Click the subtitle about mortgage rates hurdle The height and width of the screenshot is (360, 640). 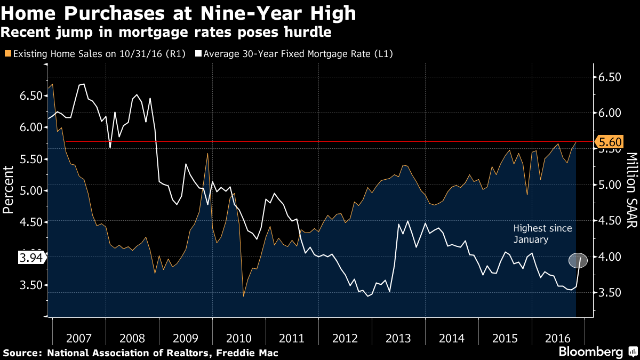click(x=166, y=32)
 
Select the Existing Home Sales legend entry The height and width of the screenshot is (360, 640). click(x=94, y=54)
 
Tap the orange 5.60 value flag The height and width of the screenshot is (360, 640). click(x=609, y=142)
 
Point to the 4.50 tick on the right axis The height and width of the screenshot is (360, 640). click(x=610, y=221)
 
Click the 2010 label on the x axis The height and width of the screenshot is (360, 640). click(x=238, y=338)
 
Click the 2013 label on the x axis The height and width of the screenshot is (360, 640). click(x=398, y=338)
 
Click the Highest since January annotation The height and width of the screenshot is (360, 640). click(x=542, y=234)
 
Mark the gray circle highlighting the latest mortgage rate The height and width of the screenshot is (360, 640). click(x=578, y=260)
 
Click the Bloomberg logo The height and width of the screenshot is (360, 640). click(x=590, y=352)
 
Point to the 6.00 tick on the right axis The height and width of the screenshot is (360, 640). click(x=610, y=113)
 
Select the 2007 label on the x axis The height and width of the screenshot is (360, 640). click(x=79, y=338)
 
